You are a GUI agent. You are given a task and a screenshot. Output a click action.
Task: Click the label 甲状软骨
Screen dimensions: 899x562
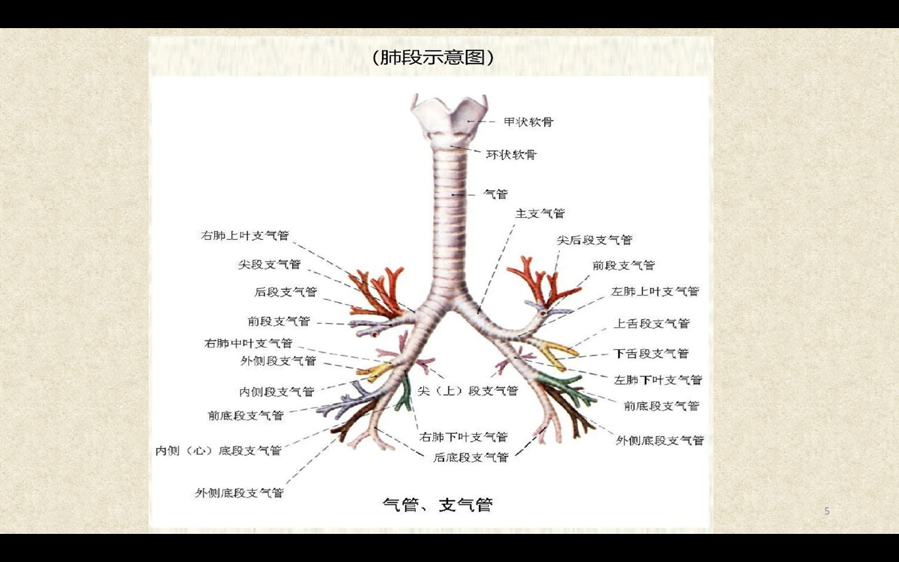528,122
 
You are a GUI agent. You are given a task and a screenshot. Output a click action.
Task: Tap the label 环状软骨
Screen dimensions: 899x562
511,154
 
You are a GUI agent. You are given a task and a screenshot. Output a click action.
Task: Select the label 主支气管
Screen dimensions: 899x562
539,214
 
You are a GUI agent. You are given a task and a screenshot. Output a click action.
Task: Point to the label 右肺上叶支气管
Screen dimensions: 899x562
245,235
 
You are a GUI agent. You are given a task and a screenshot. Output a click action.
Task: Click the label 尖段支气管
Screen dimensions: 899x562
269,264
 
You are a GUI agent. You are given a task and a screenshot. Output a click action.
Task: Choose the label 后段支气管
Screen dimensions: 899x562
285,292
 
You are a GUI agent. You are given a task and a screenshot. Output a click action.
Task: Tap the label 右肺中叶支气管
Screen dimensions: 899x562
248,343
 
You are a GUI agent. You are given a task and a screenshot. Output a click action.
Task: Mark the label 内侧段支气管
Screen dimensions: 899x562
276,392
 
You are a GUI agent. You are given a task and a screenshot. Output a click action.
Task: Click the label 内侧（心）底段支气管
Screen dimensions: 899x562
218,450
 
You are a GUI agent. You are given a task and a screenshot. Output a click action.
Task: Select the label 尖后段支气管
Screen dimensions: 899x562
594,240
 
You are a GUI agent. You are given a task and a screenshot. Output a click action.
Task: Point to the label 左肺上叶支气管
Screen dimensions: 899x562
654,291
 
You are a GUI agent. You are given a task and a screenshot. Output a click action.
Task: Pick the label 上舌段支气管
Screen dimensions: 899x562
651,323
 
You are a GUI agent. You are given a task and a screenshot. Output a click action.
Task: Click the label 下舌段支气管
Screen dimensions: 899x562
651,353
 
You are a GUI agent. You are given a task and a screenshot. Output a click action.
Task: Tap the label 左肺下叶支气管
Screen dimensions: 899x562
657,380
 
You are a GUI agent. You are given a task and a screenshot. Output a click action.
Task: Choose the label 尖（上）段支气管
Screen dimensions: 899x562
468,390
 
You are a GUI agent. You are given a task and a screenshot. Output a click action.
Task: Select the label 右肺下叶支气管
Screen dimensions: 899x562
463,436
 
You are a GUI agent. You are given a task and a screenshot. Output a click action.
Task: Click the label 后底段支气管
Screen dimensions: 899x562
471,457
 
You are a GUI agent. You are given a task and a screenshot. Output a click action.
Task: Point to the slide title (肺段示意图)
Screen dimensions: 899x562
433,57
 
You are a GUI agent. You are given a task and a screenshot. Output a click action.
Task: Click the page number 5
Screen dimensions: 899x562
827,511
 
